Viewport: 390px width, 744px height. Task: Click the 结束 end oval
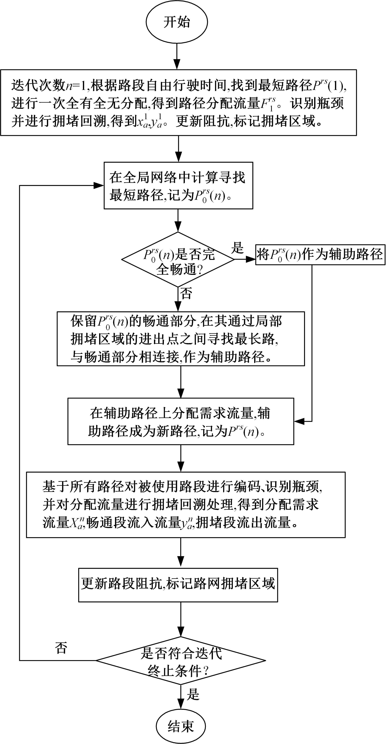(x=181, y=726)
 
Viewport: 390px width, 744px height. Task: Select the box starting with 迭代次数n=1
(x=178, y=103)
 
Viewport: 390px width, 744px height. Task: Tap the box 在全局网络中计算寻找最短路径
(x=178, y=185)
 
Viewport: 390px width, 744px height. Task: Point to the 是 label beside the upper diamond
(x=237, y=248)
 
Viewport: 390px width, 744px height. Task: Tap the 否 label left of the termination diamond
(x=61, y=648)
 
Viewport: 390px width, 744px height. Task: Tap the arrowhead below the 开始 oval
(x=177, y=64)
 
